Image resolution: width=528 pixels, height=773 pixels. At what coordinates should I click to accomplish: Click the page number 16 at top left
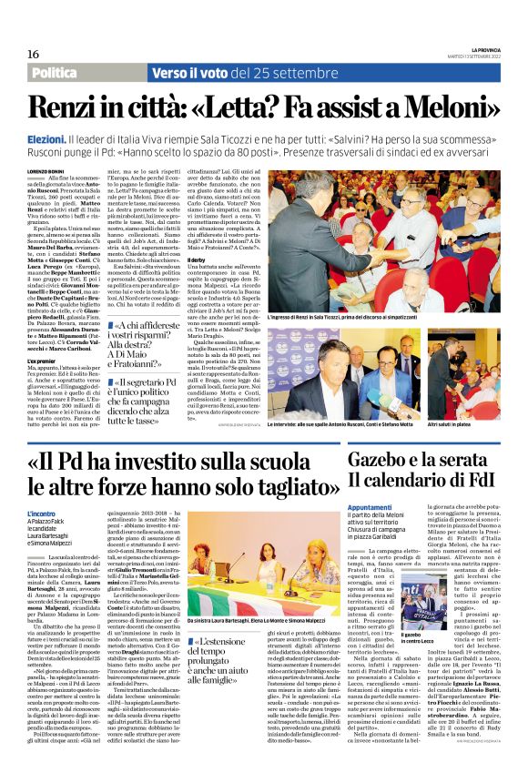click(20, 55)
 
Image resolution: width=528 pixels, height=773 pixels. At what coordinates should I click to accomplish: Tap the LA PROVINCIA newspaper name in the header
click(489, 49)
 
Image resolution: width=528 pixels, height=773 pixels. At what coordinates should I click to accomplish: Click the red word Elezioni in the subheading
click(44, 136)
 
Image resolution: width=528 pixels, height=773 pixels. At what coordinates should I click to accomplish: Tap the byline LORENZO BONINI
click(48, 169)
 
